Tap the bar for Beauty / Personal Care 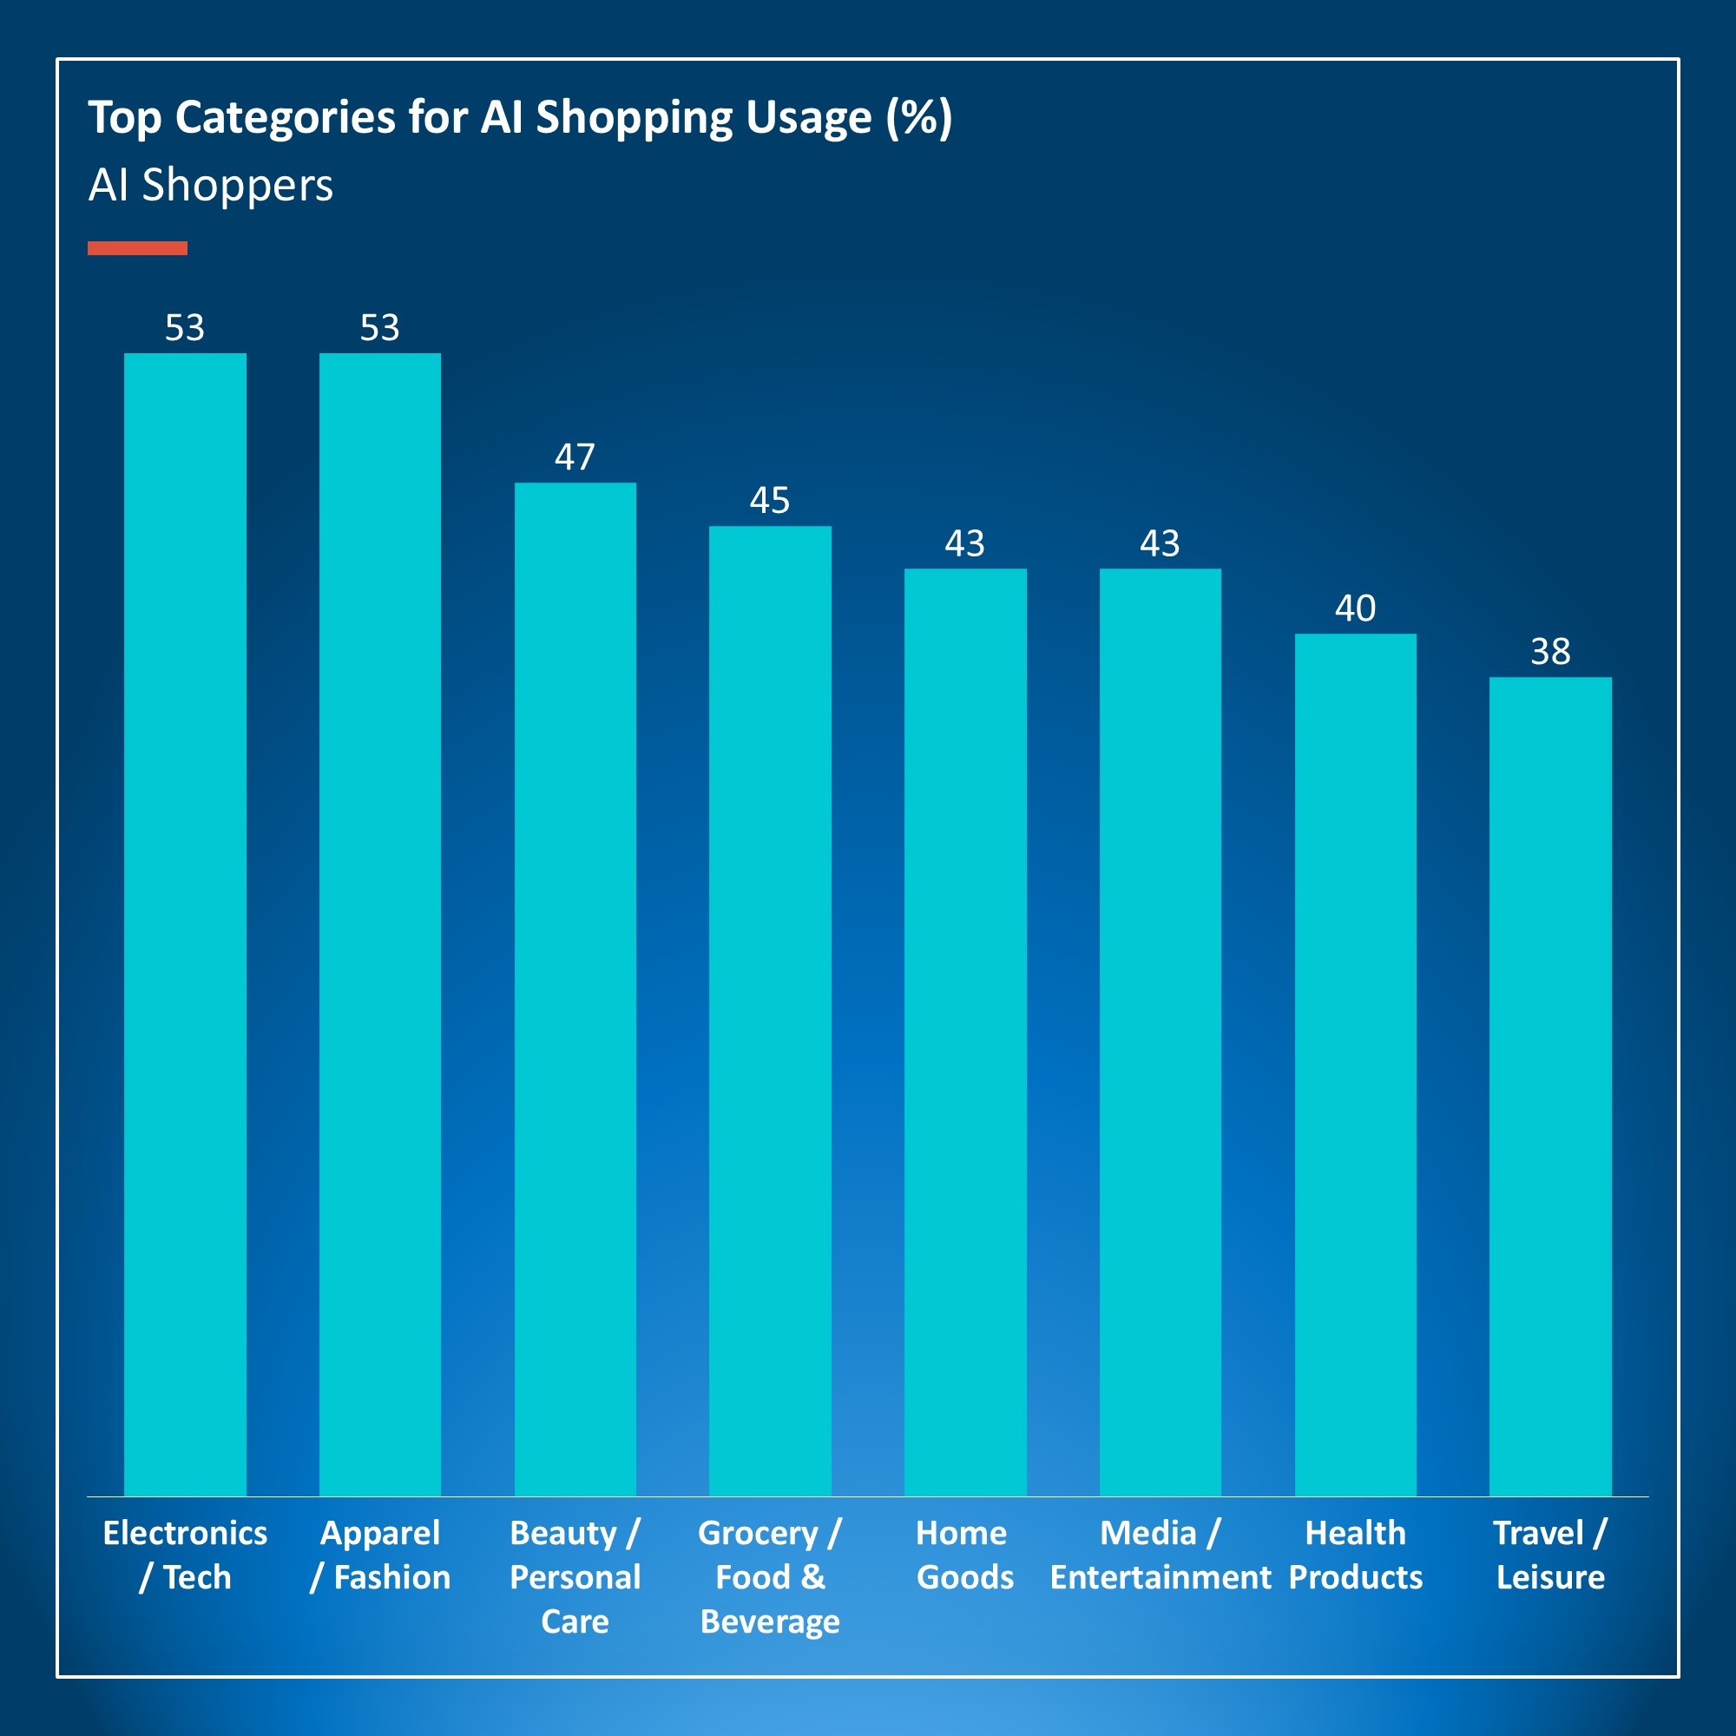(x=575, y=989)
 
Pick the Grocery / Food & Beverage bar (x=770, y=1010)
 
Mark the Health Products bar (x=1355, y=1064)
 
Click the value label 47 (x=575, y=457)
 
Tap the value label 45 (x=770, y=500)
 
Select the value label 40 (x=1355, y=608)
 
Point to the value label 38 (x=1550, y=652)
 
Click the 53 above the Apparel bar (x=380, y=327)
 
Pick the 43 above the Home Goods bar (x=965, y=542)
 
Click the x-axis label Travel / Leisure (x=1550, y=1555)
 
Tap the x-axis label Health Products (x=1355, y=1555)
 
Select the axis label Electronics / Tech (x=185, y=1555)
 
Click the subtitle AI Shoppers (x=210, y=185)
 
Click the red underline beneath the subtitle (x=137, y=248)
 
